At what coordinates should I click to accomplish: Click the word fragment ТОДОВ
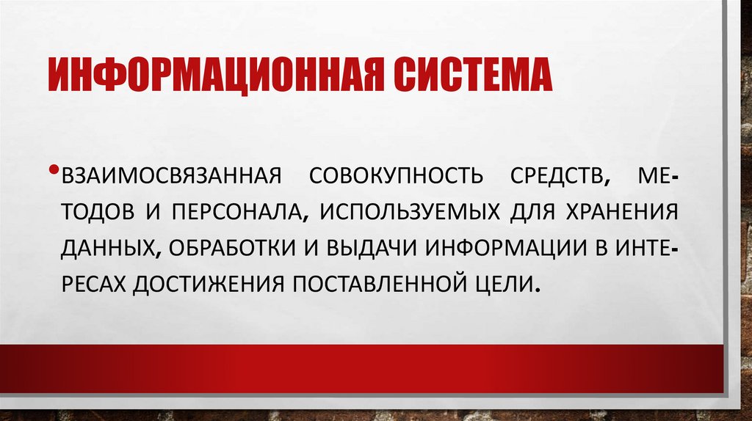pos(97,213)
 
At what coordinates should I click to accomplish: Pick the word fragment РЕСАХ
pos(95,282)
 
